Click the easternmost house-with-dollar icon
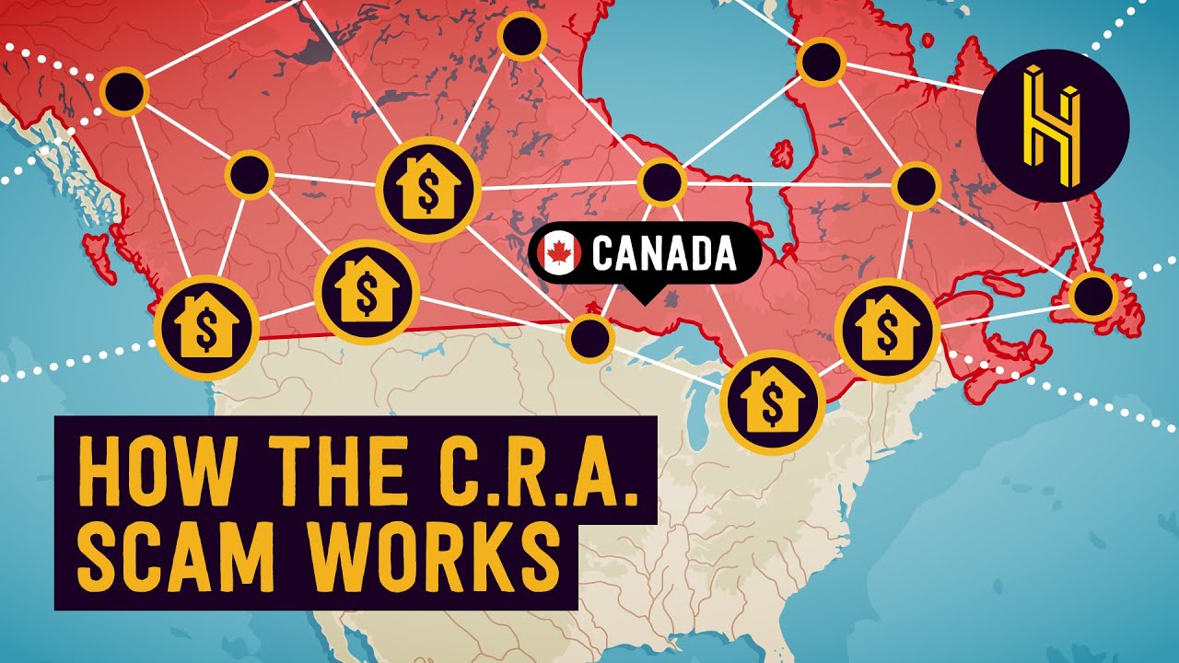pyautogui.click(x=887, y=329)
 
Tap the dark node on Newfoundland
pyautogui.click(x=1093, y=297)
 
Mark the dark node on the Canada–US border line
pyautogui.click(x=590, y=338)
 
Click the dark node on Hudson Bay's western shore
pyautogui.click(x=661, y=181)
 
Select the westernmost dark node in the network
pyautogui.click(x=124, y=91)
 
